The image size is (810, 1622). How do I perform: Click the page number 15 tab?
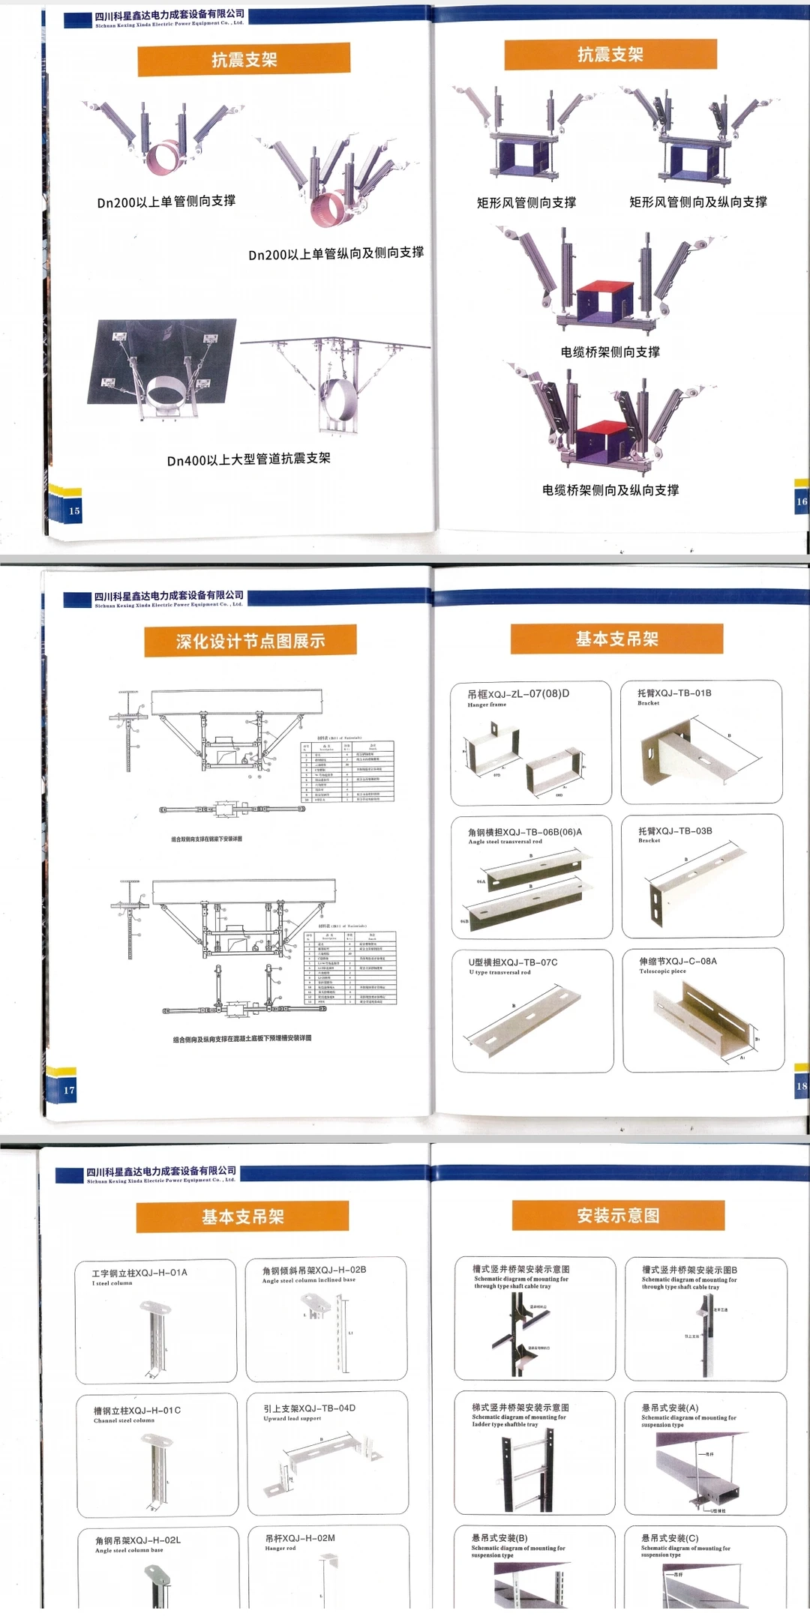[73, 510]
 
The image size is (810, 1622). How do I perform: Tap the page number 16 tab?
[801, 501]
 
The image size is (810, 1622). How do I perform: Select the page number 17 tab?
[69, 1090]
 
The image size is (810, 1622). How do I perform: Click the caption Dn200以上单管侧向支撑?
[166, 202]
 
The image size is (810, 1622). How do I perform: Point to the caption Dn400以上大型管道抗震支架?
[248, 459]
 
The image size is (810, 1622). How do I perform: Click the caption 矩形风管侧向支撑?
[526, 202]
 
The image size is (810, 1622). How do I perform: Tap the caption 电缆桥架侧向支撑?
[610, 352]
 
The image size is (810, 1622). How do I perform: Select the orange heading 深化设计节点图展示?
[250, 641]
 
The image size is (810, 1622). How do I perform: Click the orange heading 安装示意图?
[618, 1215]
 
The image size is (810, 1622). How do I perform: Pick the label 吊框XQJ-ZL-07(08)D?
[518, 693]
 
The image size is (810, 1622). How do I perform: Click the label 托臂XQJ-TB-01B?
[674, 693]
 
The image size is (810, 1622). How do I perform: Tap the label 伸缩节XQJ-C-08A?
[677, 961]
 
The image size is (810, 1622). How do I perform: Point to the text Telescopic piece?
[662, 971]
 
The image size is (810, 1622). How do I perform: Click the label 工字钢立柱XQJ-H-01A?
[139, 1273]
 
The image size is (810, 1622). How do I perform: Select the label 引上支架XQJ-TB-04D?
[309, 1408]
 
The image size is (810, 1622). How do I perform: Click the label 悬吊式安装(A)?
[670, 1408]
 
